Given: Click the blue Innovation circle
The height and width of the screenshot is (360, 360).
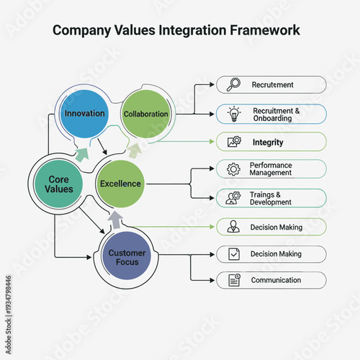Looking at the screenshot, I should (x=84, y=114).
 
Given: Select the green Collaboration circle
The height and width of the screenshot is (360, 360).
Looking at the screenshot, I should (x=145, y=114).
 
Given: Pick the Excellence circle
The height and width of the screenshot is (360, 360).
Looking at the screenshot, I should (x=120, y=184).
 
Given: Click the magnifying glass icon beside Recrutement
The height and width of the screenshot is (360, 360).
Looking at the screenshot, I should (x=233, y=85).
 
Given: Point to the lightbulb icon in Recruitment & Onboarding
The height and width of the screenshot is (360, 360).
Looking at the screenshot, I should (x=233, y=114).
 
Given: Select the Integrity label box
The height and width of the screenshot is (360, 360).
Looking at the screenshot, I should (x=271, y=142).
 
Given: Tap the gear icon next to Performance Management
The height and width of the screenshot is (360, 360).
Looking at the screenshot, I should (x=233, y=170).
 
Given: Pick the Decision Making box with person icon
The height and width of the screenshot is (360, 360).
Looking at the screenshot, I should (x=271, y=227).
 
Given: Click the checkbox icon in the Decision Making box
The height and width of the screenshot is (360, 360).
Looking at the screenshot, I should (x=233, y=253).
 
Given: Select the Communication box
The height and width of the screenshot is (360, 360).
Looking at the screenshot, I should (x=271, y=280).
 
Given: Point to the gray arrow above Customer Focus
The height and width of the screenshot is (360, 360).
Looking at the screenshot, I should (x=114, y=219).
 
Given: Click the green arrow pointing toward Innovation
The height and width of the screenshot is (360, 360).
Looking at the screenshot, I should (x=82, y=153).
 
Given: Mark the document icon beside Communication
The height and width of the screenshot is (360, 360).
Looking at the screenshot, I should (x=233, y=280).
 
